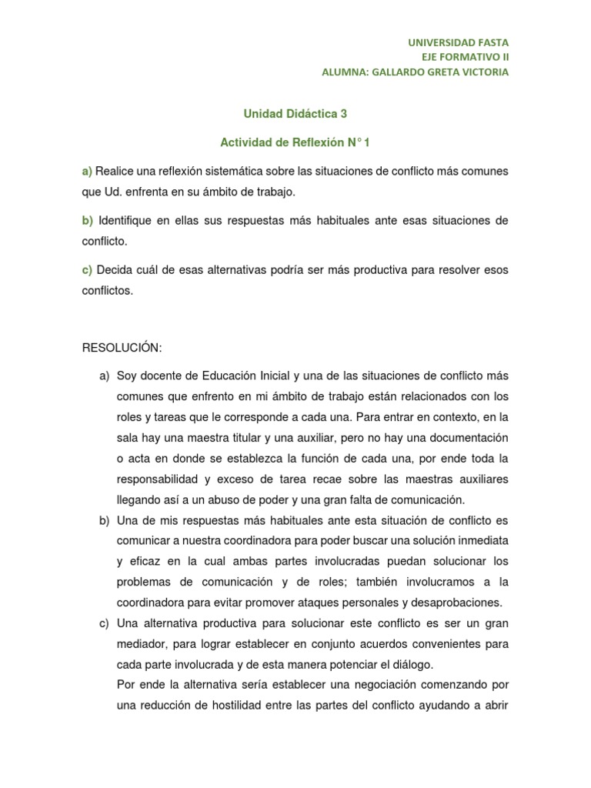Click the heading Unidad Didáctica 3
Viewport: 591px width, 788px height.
(x=295, y=113)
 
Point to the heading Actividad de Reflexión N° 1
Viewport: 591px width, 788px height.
(x=295, y=142)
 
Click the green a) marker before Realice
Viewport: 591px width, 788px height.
(x=87, y=170)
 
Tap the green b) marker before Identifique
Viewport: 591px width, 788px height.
(x=87, y=221)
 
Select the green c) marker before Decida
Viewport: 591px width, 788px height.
(x=87, y=271)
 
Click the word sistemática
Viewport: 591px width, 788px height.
(x=258, y=170)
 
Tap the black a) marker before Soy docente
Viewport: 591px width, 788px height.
(x=104, y=376)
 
